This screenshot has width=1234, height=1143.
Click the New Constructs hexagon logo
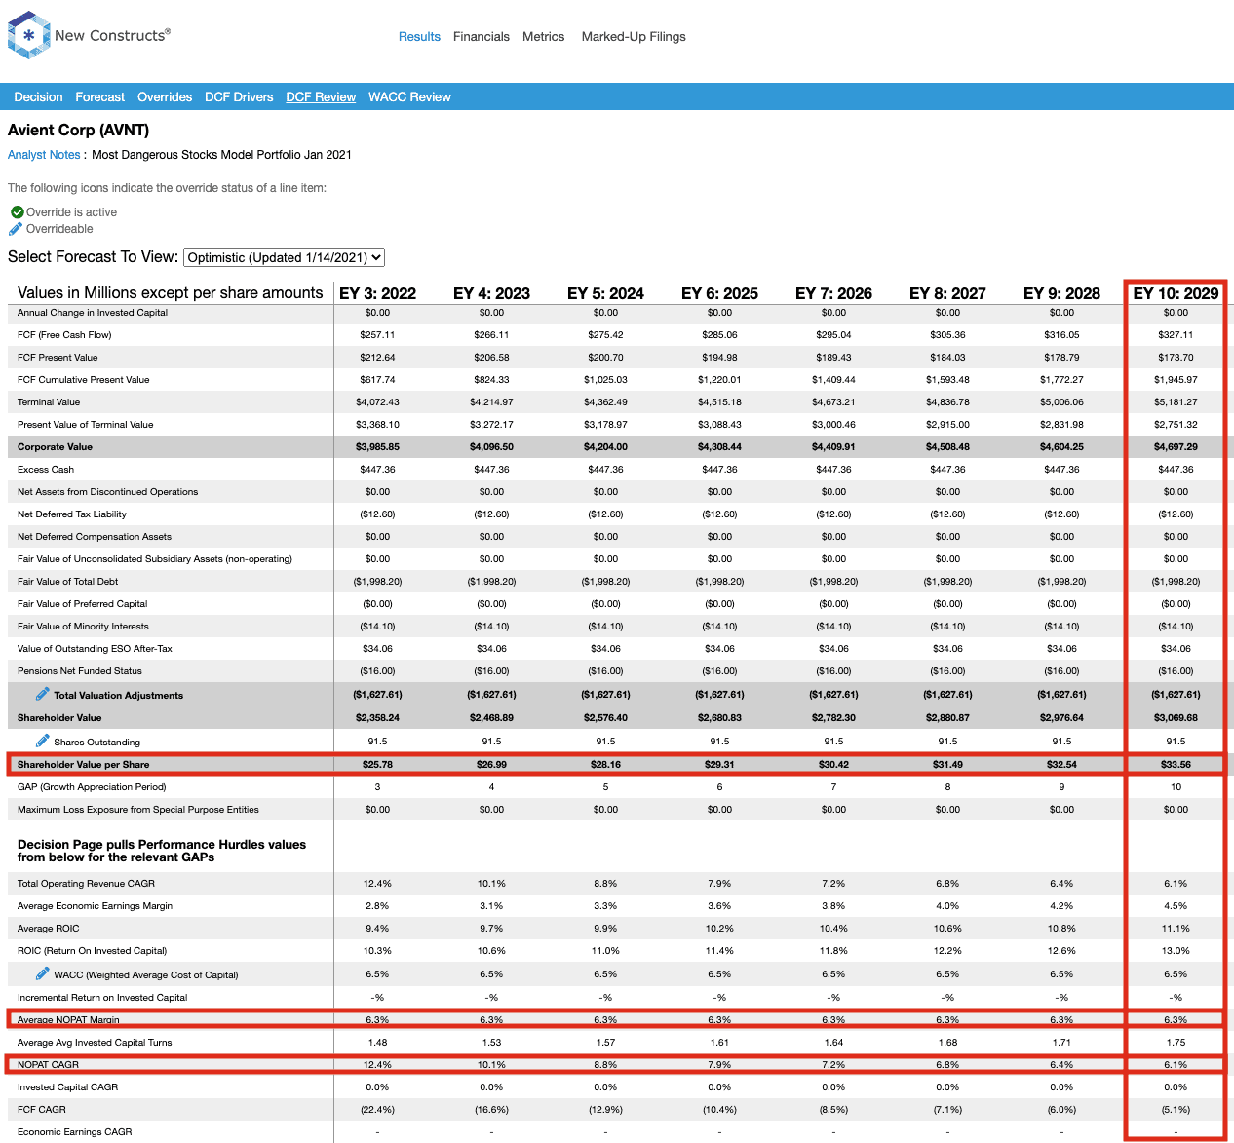click(28, 35)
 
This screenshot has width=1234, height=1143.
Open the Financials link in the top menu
click(481, 37)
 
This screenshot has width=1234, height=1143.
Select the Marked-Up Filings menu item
click(634, 37)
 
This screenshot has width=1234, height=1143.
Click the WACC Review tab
click(409, 96)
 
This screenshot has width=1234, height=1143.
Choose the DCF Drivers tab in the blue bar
click(239, 96)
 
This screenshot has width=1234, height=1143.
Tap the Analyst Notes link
click(44, 155)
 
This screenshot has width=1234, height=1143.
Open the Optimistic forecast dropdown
click(284, 257)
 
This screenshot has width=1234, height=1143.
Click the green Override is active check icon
click(18, 212)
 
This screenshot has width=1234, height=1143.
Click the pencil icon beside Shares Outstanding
click(42, 741)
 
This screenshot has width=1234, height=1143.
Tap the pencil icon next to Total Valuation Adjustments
click(42, 694)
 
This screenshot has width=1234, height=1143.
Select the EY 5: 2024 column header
click(605, 293)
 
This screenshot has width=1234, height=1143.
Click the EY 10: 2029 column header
click(1176, 293)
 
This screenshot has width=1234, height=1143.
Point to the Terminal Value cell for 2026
click(833, 401)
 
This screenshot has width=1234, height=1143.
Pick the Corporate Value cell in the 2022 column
click(377, 446)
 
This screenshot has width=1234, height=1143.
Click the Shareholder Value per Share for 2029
click(1176, 764)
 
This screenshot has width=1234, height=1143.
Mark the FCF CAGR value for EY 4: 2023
click(491, 1109)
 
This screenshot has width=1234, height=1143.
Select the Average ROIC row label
click(49, 928)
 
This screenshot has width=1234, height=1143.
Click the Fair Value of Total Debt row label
click(67, 582)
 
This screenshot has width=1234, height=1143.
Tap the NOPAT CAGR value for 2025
click(719, 1064)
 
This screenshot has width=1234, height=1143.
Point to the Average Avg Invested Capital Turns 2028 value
click(1061, 1042)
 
